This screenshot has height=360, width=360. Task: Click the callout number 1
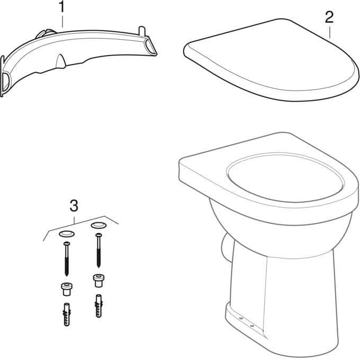62,7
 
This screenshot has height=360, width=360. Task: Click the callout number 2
329,17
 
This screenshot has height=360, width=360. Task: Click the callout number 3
74,205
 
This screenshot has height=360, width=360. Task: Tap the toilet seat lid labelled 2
271,60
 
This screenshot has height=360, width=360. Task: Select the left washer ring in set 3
67,234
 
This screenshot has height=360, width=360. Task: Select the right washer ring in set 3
98,225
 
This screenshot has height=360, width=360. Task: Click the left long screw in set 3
67,259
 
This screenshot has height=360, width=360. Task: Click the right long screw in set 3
98,250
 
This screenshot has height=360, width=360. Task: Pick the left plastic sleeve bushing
67,289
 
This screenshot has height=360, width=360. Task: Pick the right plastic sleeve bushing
98,281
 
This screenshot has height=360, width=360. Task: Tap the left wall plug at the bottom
67,314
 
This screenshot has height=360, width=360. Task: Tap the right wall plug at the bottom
98,306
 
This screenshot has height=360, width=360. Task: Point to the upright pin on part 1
142,31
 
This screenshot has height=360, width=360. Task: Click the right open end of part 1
150,47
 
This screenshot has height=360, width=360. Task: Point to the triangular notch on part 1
60,61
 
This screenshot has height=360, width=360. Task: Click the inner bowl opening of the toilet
285,178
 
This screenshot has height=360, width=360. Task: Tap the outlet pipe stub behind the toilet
227,247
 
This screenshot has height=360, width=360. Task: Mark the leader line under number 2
330,32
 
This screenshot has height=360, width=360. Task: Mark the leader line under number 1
62,21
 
